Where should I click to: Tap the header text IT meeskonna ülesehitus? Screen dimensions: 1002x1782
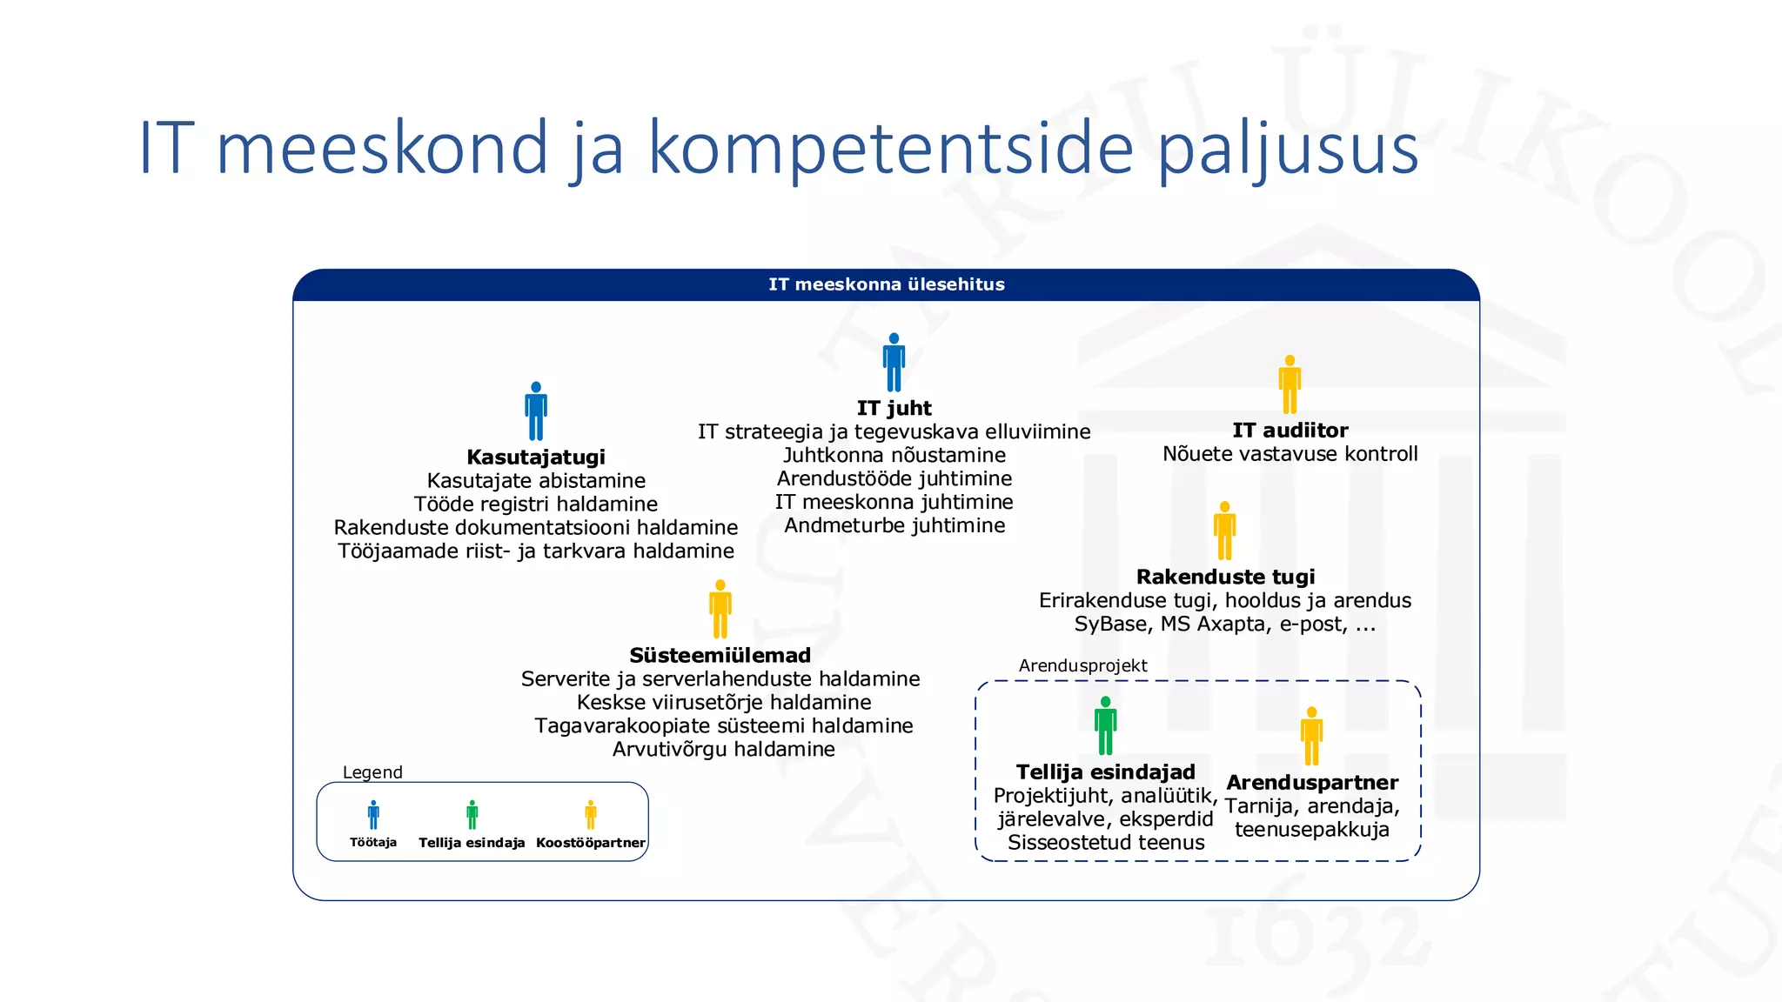tap(886, 284)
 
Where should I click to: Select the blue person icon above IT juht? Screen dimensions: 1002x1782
tap(894, 363)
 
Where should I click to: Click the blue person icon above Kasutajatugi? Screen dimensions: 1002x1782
tap(536, 411)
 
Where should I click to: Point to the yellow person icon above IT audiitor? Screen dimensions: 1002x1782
tap(1290, 384)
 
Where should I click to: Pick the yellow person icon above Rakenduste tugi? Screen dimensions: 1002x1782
tap(1224, 531)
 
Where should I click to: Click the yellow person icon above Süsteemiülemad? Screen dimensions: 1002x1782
tap(720, 609)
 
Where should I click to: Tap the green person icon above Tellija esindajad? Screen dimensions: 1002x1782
tap(1105, 725)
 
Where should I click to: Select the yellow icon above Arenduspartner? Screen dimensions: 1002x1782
tap(1311, 736)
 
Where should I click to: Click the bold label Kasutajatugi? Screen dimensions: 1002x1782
tap(536, 458)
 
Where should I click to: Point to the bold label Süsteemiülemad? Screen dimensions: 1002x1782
tap(720, 656)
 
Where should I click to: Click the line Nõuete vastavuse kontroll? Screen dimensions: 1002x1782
tap(1290, 454)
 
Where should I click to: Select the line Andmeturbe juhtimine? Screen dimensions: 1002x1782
tap(894, 525)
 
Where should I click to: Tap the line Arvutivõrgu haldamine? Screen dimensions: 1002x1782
tap(723, 749)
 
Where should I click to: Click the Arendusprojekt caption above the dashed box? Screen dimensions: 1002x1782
tap(1082, 665)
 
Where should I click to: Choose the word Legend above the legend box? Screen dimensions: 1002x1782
tap(372, 772)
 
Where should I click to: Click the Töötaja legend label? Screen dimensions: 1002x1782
tap(373, 842)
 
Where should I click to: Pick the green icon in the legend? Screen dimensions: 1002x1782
tap(472, 815)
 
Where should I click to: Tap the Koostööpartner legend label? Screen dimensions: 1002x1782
tap(590, 843)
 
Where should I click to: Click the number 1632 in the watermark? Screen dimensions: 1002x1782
tap(1314, 935)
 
